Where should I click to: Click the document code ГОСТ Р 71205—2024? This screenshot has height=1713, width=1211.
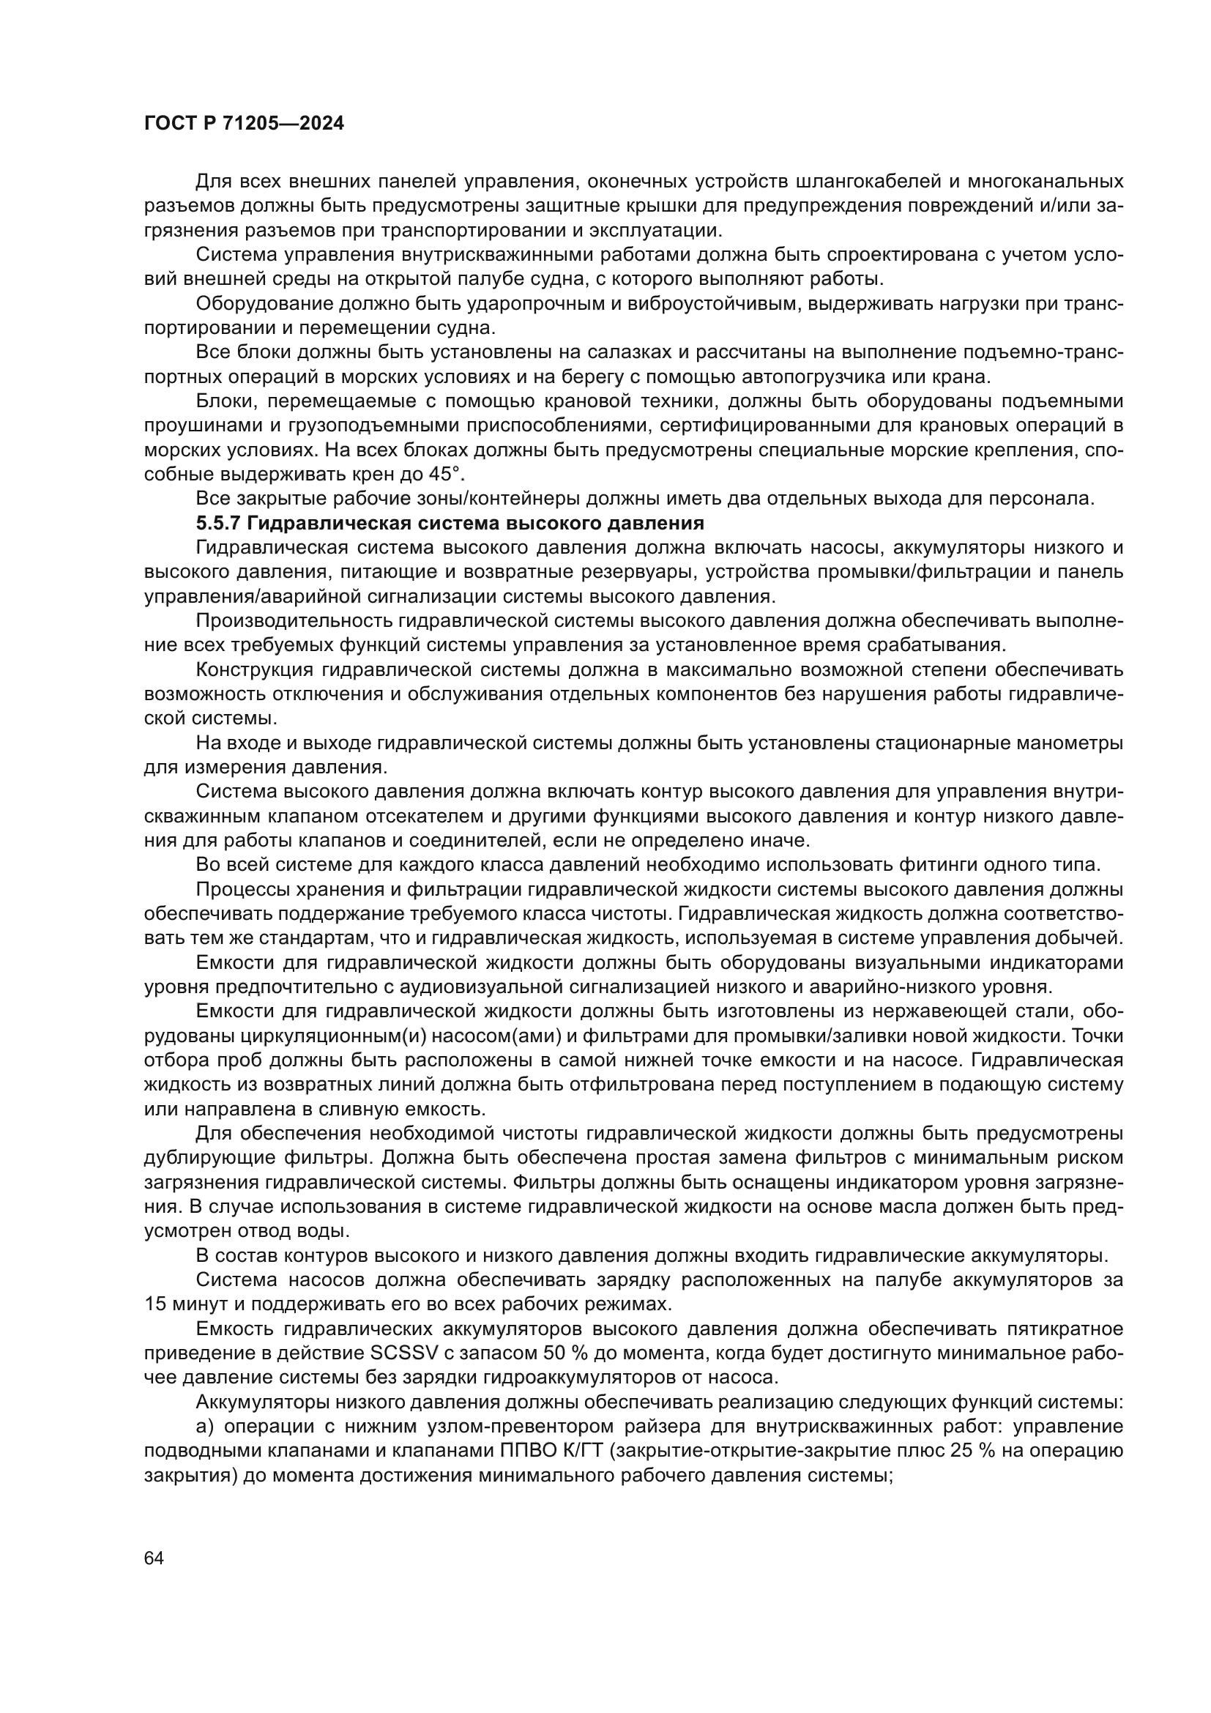244,124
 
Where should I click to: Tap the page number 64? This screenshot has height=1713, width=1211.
154,1558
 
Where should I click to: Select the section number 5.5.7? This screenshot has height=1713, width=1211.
217,523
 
